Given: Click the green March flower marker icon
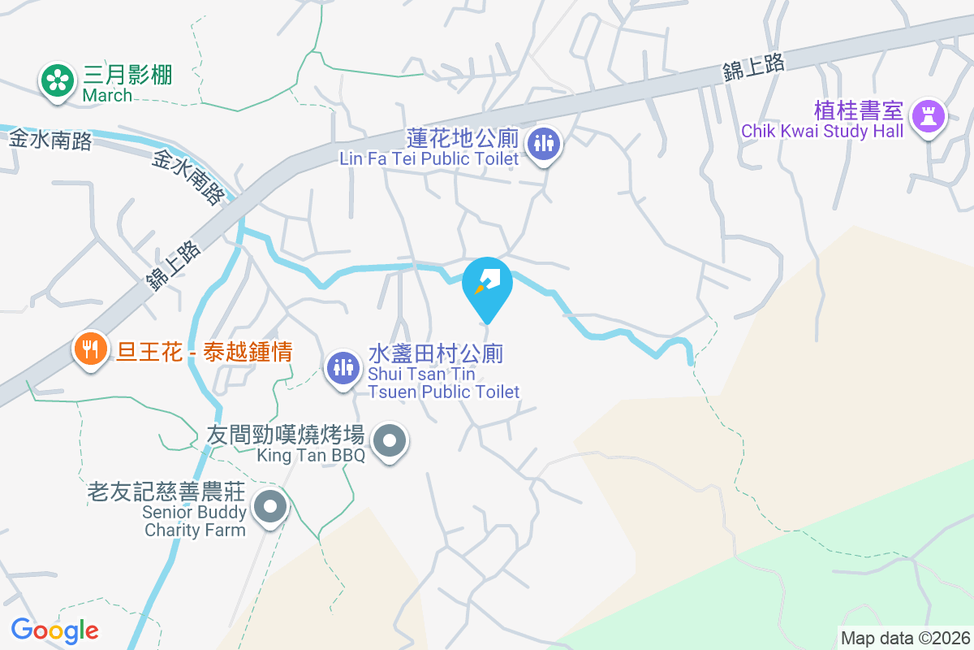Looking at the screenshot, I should point(57,80).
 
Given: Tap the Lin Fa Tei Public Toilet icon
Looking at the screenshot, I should point(543,144).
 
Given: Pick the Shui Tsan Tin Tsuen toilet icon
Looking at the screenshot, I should point(343,368).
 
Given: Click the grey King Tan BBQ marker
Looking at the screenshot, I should point(390,441).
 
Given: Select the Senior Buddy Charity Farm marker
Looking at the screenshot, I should point(269,508).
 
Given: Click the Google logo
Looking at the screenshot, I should point(54,630).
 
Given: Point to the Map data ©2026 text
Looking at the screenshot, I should point(905,638).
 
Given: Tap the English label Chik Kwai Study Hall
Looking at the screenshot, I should point(822,132).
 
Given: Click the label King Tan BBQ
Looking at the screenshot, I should point(311,455).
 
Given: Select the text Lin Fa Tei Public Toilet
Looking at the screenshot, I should point(429,158).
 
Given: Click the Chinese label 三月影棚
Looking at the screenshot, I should point(127,76).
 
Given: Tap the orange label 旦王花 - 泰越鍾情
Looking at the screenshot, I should point(205,352).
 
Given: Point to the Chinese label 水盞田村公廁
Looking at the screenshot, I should point(436,354).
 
